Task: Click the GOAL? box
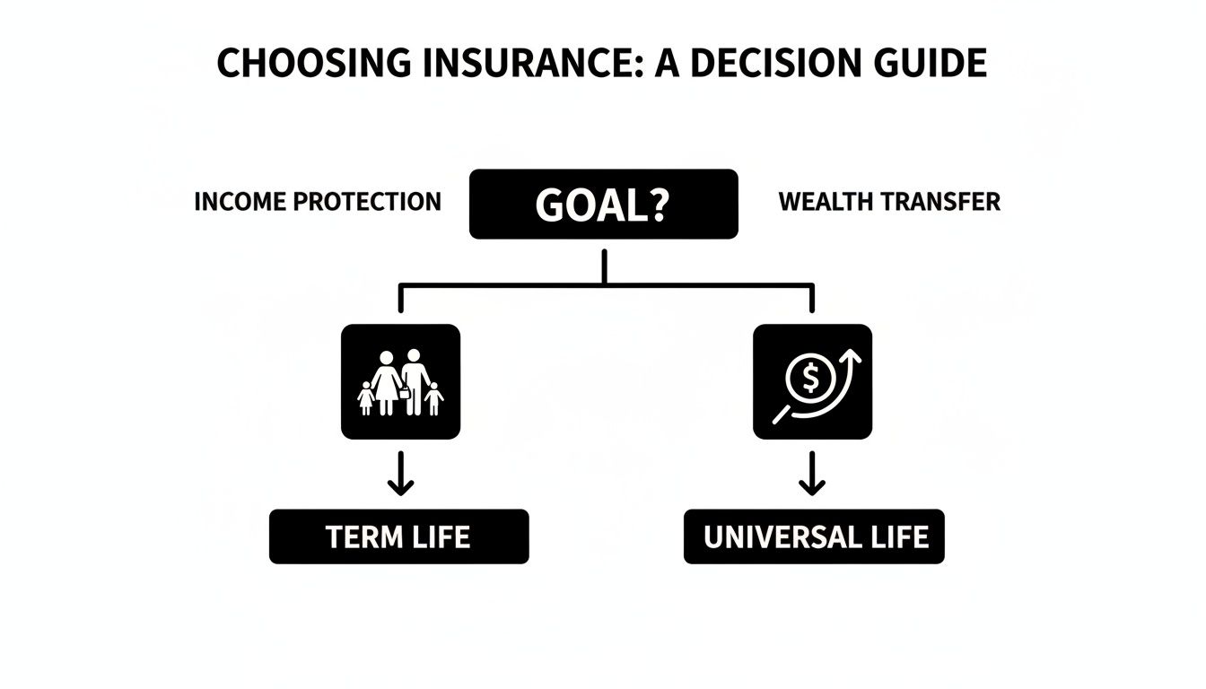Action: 603,205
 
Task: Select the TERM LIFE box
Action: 398,536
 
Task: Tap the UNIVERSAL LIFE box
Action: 814,536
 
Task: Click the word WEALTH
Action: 822,202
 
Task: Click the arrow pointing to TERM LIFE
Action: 400,475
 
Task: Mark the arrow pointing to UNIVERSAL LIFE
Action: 812,475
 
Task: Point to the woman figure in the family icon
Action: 387,382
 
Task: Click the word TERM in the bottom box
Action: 363,536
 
